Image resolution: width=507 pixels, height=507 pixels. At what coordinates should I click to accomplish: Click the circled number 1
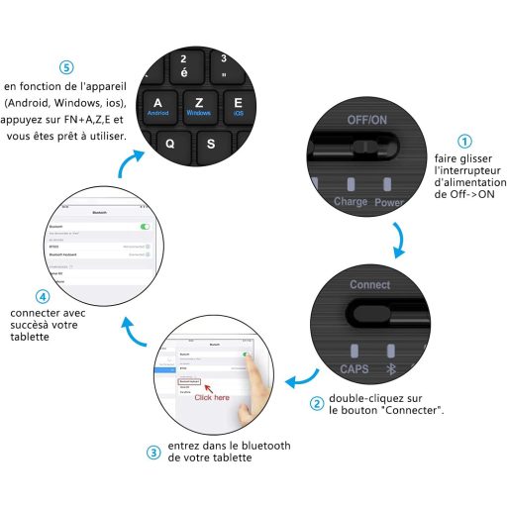click(464, 141)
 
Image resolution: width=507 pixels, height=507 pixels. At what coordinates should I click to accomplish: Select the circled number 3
click(152, 453)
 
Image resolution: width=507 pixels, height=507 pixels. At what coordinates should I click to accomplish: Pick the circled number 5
click(65, 67)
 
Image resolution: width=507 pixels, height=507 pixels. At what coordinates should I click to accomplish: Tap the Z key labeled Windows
click(199, 106)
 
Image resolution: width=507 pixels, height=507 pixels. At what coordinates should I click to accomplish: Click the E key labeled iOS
click(238, 106)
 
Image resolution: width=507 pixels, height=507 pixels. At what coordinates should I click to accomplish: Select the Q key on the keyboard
click(169, 141)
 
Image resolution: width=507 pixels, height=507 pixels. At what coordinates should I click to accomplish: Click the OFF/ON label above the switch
click(366, 119)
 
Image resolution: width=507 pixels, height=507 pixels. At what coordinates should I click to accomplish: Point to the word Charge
click(351, 201)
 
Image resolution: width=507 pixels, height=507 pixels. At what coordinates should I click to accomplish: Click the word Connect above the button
click(369, 285)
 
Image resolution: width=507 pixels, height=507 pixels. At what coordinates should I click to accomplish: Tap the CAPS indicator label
click(355, 368)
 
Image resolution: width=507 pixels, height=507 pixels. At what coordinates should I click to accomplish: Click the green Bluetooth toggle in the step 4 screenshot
click(146, 227)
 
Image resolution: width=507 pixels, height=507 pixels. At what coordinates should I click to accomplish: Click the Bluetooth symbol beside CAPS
click(389, 368)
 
